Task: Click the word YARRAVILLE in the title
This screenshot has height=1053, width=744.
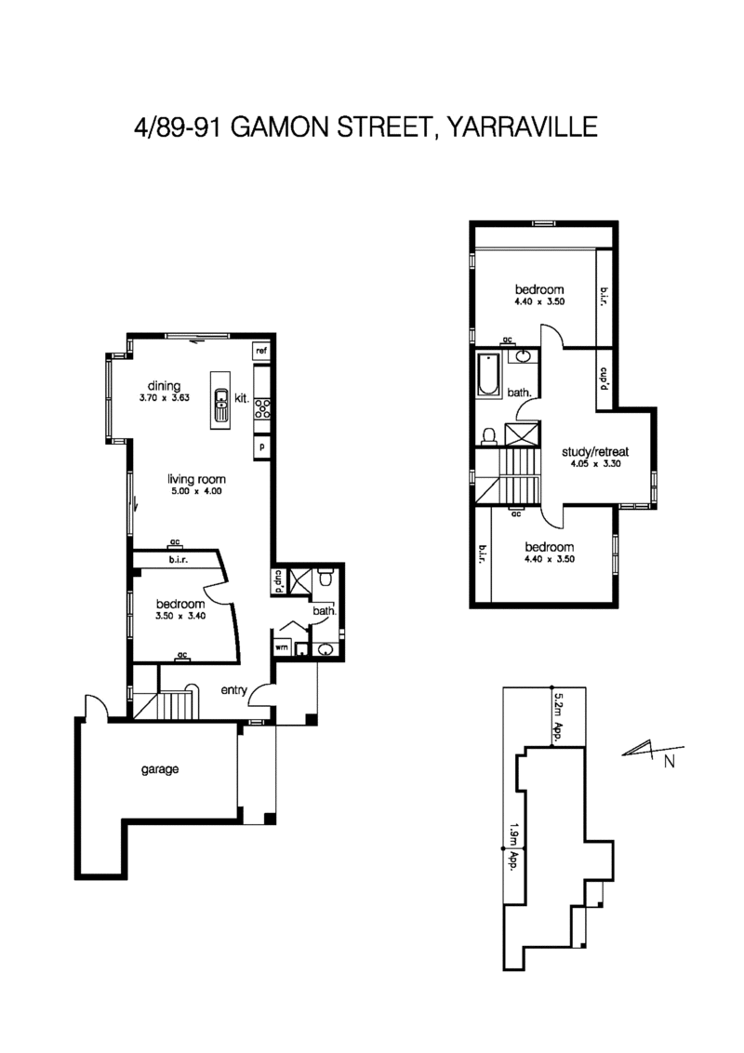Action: point(521,127)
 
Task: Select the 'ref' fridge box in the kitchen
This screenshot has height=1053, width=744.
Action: point(261,351)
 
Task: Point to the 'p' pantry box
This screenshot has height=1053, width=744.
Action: point(261,447)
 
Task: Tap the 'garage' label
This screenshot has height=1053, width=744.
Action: point(159,769)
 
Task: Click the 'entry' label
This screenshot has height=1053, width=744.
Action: point(233,690)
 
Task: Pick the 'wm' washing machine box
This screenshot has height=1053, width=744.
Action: point(281,646)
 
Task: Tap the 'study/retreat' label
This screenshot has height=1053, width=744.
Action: point(595,450)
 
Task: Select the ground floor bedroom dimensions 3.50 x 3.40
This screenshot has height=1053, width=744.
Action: point(180,615)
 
